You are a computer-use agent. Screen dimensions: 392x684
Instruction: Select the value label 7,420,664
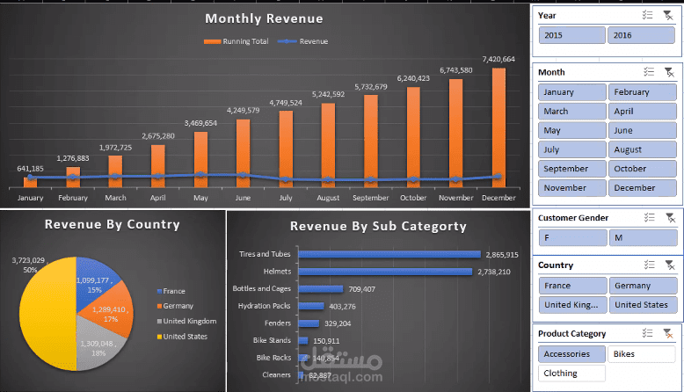tap(498, 59)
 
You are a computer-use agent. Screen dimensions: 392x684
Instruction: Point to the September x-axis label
tap(371, 199)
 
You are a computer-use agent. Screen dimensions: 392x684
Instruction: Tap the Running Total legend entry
tap(237, 41)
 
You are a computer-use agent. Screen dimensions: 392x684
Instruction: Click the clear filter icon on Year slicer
tap(668, 15)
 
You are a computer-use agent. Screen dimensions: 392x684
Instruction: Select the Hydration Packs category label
tap(265, 306)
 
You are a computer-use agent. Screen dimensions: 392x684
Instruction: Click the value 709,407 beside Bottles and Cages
tap(366, 288)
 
